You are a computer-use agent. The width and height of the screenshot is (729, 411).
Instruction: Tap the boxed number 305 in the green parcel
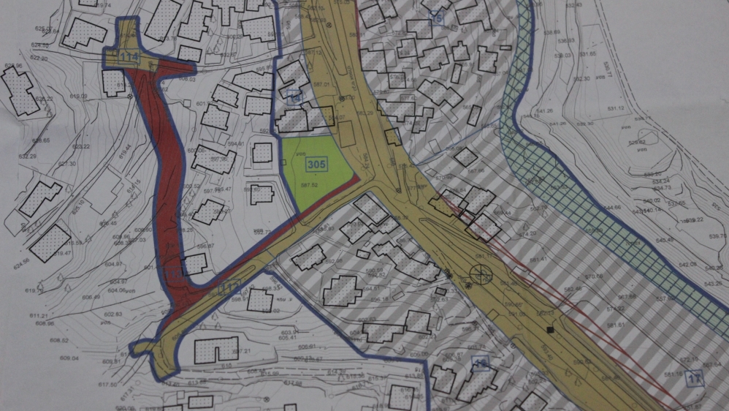pyautogui.click(x=316, y=165)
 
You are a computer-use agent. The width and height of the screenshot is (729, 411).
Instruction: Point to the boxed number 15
pyautogui.click(x=438, y=18)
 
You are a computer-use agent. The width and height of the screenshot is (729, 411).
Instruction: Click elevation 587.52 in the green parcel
pyautogui.click(x=315, y=186)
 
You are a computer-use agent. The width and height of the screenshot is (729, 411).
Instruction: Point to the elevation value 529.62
pyautogui.click(x=637, y=142)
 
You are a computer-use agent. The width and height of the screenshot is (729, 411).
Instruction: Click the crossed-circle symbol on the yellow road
pyautogui.click(x=481, y=275)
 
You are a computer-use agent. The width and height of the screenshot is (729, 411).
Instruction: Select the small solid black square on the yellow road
pyautogui.click(x=550, y=330)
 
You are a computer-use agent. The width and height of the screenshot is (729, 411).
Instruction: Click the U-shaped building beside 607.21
pyautogui.click(x=216, y=350)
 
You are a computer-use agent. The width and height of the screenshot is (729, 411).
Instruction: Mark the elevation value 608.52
pyautogui.click(x=59, y=340)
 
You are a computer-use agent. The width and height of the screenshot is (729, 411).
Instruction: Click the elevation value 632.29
pyautogui.click(x=27, y=156)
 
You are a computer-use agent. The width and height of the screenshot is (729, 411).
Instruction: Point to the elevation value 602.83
pyautogui.click(x=112, y=314)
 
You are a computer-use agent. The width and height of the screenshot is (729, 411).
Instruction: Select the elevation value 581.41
pyautogui.click(x=539, y=260)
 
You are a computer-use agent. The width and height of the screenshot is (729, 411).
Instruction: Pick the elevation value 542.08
pyautogui.click(x=687, y=264)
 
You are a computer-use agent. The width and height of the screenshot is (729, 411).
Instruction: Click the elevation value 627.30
pyautogui.click(x=66, y=164)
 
